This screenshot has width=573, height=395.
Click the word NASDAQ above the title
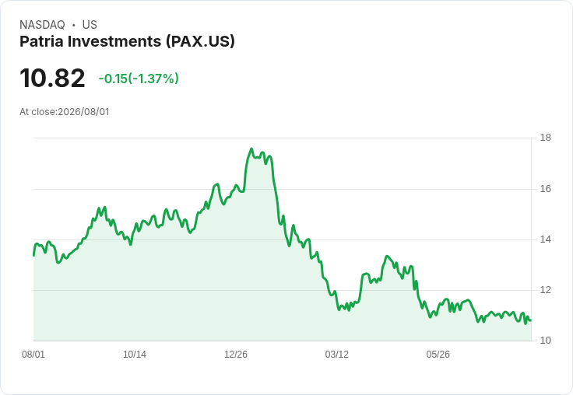pyautogui.click(x=42, y=25)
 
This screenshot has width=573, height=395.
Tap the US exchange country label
pyautogui.click(x=90, y=25)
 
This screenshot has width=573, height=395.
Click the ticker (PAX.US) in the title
pyautogui.click(x=200, y=41)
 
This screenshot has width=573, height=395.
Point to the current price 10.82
pyautogui.click(x=52, y=78)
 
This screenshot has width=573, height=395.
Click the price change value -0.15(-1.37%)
pyautogui.click(x=139, y=79)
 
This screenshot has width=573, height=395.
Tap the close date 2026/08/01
pyautogui.click(x=83, y=112)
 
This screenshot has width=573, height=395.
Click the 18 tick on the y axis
pyautogui.click(x=546, y=138)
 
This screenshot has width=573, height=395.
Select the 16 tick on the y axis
pyautogui.click(x=546, y=189)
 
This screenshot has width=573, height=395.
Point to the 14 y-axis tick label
pyautogui.click(x=546, y=239)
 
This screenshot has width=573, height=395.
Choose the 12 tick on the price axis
pyautogui.click(x=546, y=290)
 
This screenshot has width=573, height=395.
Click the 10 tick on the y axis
pyautogui.click(x=546, y=341)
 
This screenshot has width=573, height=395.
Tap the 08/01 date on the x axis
pyautogui.click(x=33, y=355)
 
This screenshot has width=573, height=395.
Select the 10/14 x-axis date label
pyautogui.click(x=135, y=355)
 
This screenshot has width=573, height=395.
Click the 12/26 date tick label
pyautogui.click(x=236, y=355)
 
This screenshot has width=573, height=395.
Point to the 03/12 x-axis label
pyautogui.click(x=337, y=355)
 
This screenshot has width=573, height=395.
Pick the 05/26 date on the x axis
pyautogui.click(x=438, y=355)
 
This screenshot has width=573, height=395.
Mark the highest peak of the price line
pyautogui.click(x=251, y=149)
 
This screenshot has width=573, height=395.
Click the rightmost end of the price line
pyautogui.click(x=531, y=320)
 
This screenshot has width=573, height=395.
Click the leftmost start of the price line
pyautogui.click(x=33, y=256)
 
